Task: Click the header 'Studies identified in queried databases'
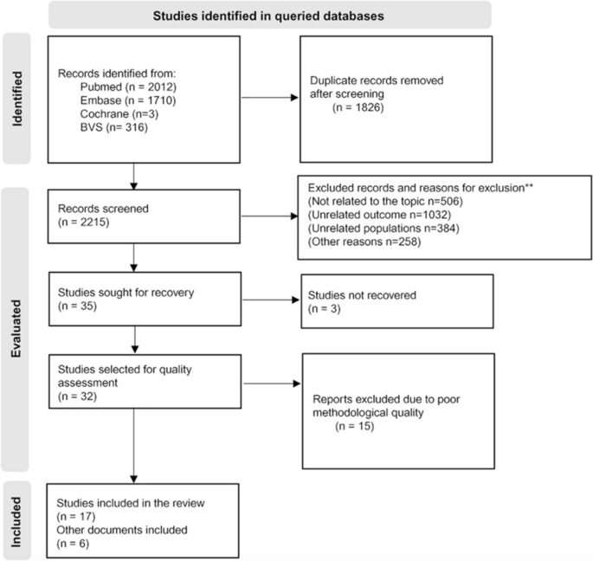click(270, 14)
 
